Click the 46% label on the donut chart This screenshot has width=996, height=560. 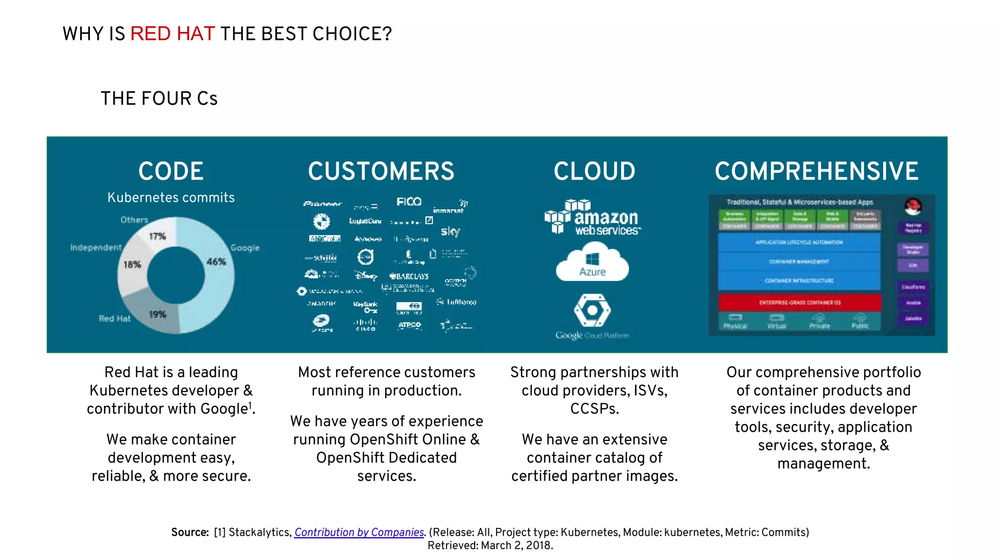[216, 262]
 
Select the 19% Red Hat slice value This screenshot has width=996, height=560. [157, 314]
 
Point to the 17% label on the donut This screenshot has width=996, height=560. [157, 236]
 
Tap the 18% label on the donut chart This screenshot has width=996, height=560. [132, 264]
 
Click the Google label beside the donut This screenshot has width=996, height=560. [245, 248]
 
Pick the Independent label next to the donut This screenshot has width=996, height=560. [96, 247]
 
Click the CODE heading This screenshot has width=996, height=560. [171, 171]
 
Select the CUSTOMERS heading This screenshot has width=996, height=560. [381, 171]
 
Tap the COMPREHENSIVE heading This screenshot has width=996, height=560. [816, 171]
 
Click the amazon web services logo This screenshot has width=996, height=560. [593, 217]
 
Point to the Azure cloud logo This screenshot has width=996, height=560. [592, 263]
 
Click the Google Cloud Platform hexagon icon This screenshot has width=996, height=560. [592, 310]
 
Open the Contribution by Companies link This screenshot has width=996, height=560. [359, 532]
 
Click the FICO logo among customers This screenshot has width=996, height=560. [409, 202]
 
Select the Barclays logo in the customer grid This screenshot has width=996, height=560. [409, 276]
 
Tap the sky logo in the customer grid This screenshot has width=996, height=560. [450, 231]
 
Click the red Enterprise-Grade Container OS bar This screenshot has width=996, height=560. [800, 302]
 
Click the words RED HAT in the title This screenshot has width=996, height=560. [172, 34]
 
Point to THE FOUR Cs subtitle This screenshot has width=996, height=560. [159, 99]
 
